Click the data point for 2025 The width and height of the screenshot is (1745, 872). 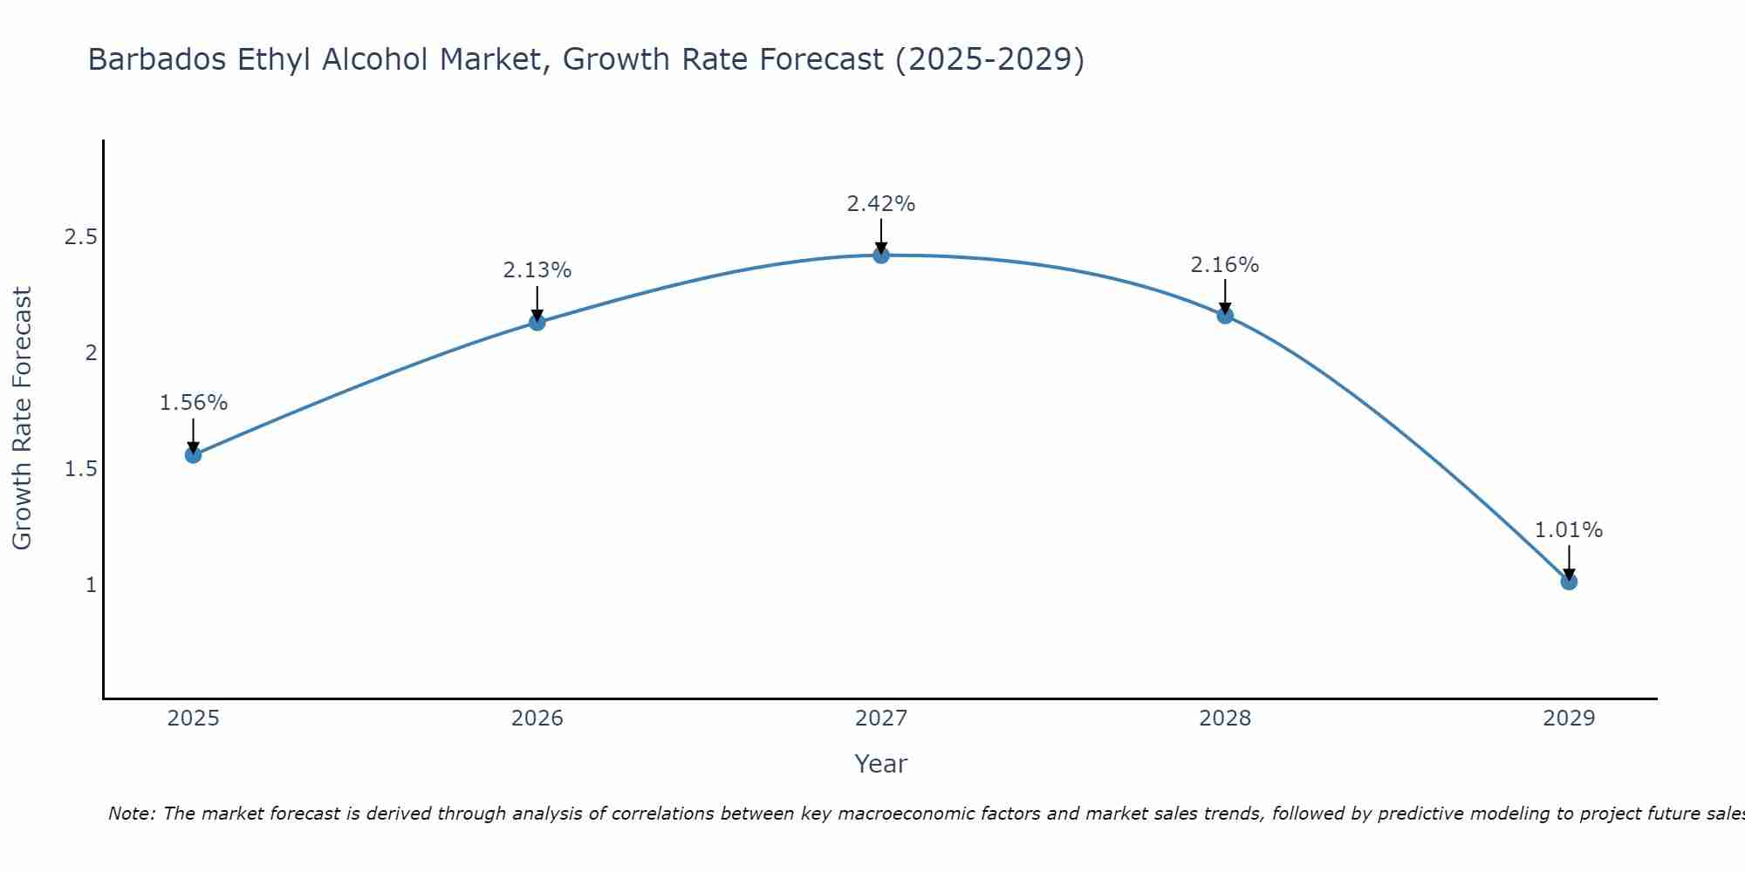point(194,454)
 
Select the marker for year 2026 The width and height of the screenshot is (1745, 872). point(537,323)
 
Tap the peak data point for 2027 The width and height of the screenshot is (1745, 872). point(881,255)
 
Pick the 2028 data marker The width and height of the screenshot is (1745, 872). point(1225,316)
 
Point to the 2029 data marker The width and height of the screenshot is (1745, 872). point(1569,582)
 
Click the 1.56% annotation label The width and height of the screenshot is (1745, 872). point(194,403)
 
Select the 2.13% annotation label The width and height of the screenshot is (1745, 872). point(537,270)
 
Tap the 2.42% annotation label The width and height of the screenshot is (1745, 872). point(881,204)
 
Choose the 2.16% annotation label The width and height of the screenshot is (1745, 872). point(1225,265)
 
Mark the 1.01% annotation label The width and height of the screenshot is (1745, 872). point(1569,530)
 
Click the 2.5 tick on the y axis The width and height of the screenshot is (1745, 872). point(80,237)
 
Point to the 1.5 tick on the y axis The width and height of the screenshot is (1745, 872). point(80,469)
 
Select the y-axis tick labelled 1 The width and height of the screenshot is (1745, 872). point(91,585)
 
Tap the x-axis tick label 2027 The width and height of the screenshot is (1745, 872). point(881,719)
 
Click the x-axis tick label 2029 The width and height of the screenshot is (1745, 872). point(1569,719)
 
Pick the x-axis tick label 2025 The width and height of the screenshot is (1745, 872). point(194,719)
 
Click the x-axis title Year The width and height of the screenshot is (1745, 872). point(881,764)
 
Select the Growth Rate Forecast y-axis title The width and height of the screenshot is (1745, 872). point(23,419)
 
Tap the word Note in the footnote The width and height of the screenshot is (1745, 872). point(131,814)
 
